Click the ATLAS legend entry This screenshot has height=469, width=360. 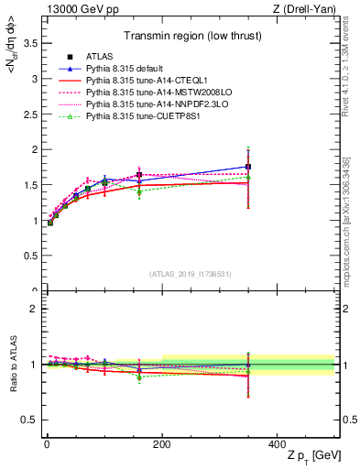[x=100, y=57]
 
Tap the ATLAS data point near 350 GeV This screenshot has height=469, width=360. [x=248, y=167]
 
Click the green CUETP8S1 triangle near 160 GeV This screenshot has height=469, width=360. [x=139, y=192]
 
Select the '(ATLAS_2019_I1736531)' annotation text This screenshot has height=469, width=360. [x=191, y=274]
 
